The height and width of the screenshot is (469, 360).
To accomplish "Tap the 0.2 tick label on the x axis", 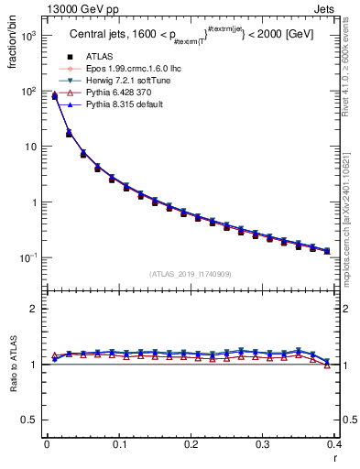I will click(x=191, y=444).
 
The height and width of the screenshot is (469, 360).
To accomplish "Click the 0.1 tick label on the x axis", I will click(x=118, y=444).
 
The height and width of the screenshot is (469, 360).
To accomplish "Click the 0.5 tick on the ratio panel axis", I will click(x=29, y=420).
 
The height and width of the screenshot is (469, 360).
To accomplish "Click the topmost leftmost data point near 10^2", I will click(x=54, y=95).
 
